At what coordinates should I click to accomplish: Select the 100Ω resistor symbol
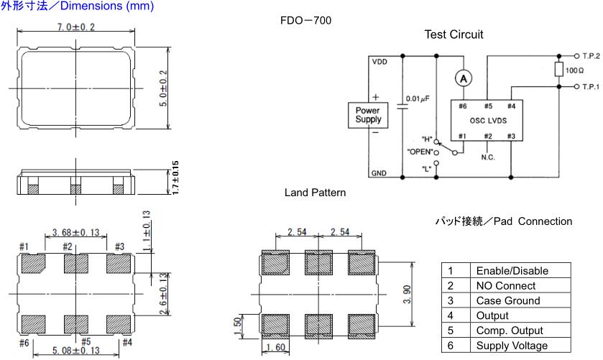point(558,70)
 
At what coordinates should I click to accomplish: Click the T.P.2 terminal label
point(591,55)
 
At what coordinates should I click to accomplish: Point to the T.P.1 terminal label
point(591,86)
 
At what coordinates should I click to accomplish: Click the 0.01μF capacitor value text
point(417,98)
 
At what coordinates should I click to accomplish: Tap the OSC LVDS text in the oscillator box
point(486,121)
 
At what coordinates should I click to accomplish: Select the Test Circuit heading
point(454,34)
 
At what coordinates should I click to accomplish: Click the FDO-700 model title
point(305,20)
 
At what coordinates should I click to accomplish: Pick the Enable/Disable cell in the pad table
point(512,271)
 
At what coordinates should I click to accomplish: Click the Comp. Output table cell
point(510,331)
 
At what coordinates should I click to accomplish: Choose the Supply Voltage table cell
point(511,346)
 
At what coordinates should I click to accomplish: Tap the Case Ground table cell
point(506,301)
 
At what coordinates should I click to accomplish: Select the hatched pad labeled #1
point(33,264)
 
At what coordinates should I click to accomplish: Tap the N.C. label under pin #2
point(487,157)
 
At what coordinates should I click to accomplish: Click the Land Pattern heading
point(315,193)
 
